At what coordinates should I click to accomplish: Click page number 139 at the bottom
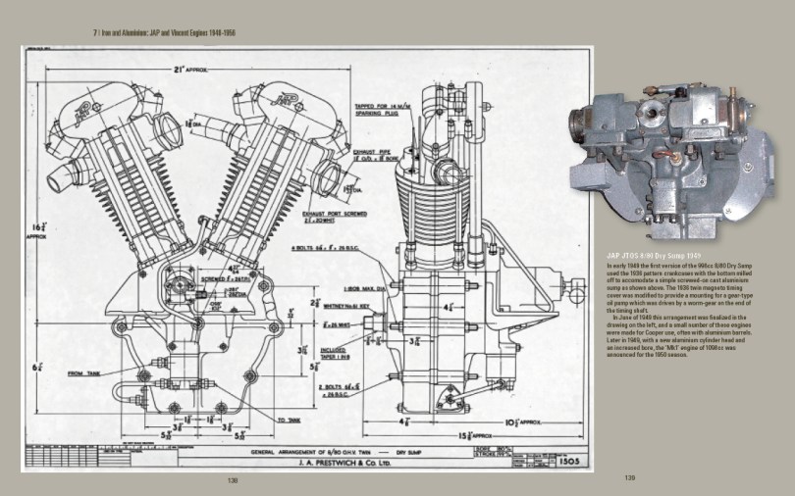click(x=631, y=478)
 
